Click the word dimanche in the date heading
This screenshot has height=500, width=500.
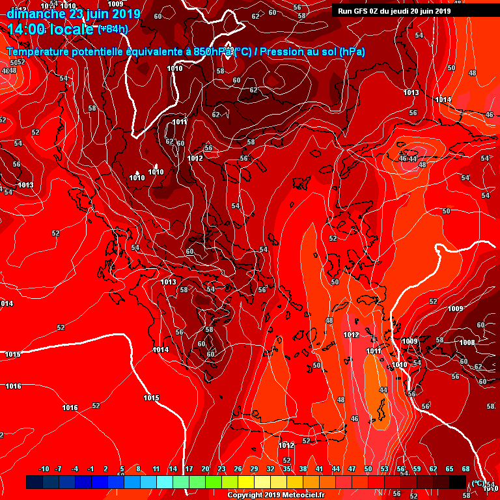click(36, 13)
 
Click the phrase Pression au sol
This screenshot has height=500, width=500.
click(299, 51)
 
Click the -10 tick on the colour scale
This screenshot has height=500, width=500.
click(44, 469)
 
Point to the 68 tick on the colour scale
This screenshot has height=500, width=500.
click(466, 469)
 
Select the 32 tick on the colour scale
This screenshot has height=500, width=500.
click(270, 469)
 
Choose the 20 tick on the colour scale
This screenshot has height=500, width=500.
click(205, 469)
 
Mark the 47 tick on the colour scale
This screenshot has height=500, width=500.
click(352, 469)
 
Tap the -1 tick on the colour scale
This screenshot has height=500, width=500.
click(90, 469)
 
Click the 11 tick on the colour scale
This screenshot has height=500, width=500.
click(156, 469)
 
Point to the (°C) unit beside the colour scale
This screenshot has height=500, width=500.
click(479, 483)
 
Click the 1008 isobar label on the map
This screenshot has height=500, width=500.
click(467, 342)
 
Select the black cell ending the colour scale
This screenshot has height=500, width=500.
click(458, 482)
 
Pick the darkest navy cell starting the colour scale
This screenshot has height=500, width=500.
click(35, 482)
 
